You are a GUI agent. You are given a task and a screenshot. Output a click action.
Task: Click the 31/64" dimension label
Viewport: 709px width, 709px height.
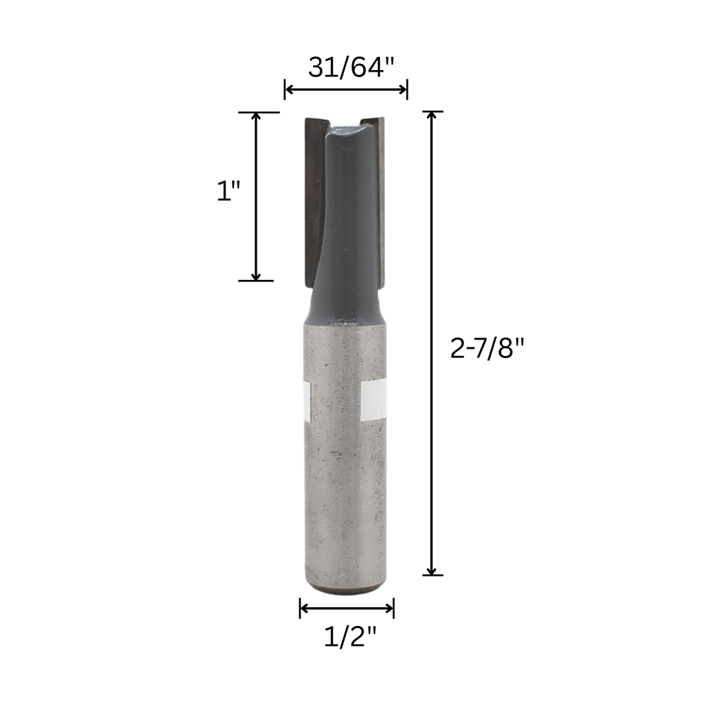(352, 67)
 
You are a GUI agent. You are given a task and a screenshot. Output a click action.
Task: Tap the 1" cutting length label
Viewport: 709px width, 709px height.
(228, 191)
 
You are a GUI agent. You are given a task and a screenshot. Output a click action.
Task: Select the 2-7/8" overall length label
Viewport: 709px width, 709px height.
(487, 349)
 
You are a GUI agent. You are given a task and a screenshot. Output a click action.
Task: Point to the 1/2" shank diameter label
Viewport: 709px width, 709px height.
(350, 637)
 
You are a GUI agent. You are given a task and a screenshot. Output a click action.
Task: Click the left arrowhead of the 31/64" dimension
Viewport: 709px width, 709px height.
(290, 89)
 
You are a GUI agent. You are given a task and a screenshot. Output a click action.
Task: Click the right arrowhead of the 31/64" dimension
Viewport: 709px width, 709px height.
(402, 89)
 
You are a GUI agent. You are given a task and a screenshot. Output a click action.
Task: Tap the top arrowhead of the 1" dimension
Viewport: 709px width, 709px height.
(256, 117)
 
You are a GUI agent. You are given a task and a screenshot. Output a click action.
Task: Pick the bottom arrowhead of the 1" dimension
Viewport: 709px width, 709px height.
(256, 275)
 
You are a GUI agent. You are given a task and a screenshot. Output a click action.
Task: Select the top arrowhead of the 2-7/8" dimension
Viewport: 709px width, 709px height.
(432, 116)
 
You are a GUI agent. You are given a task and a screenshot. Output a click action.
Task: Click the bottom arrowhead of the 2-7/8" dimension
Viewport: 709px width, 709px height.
(432, 570)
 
